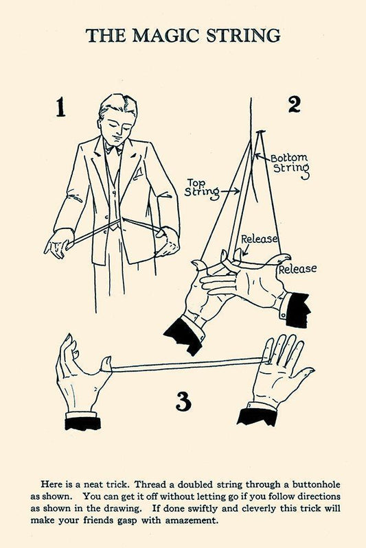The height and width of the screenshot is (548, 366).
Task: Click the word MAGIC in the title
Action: (166, 36)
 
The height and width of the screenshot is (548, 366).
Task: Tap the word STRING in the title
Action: (243, 36)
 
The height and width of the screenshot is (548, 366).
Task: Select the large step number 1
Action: (61, 107)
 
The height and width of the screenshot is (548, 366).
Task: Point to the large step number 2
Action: (294, 104)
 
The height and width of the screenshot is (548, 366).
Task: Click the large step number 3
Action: (183, 401)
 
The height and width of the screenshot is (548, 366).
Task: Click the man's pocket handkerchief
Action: (139, 172)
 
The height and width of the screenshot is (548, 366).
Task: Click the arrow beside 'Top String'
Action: (230, 191)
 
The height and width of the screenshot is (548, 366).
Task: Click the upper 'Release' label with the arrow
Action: (260, 239)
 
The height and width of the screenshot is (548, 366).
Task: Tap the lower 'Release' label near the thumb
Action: (297, 269)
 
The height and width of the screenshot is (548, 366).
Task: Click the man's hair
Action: (119, 106)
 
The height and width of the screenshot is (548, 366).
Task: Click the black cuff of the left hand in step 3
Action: (83, 423)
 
